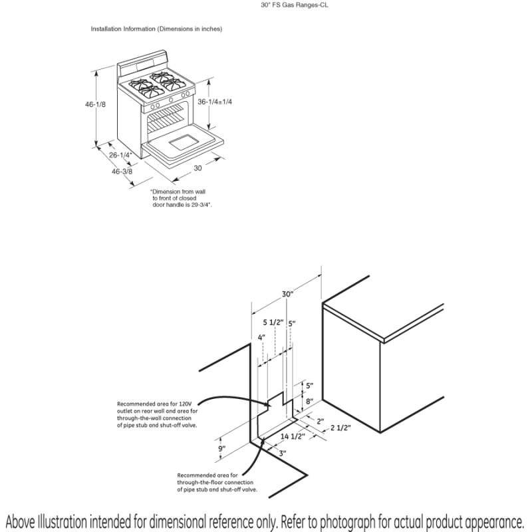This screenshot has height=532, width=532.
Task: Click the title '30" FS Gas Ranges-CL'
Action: tap(295, 5)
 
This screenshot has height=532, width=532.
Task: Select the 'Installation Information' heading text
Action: tap(156, 29)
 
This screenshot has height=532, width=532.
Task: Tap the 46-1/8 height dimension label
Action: tap(96, 104)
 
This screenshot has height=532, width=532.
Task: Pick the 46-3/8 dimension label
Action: tap(122, 171)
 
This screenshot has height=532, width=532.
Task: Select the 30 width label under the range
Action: tap(198, 168)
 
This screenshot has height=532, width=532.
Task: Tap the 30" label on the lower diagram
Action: tap(287, 293)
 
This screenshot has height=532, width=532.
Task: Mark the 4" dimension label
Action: tap(261, 337)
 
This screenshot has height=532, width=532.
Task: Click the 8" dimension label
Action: tap(309, 401)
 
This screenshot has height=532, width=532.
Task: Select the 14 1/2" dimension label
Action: tap(293, 436)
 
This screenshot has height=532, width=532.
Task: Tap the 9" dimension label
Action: tap(222, 449)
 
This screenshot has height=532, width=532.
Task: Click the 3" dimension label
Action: tap(283, 453)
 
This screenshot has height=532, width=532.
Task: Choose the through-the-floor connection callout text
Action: tap(217, 482)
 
